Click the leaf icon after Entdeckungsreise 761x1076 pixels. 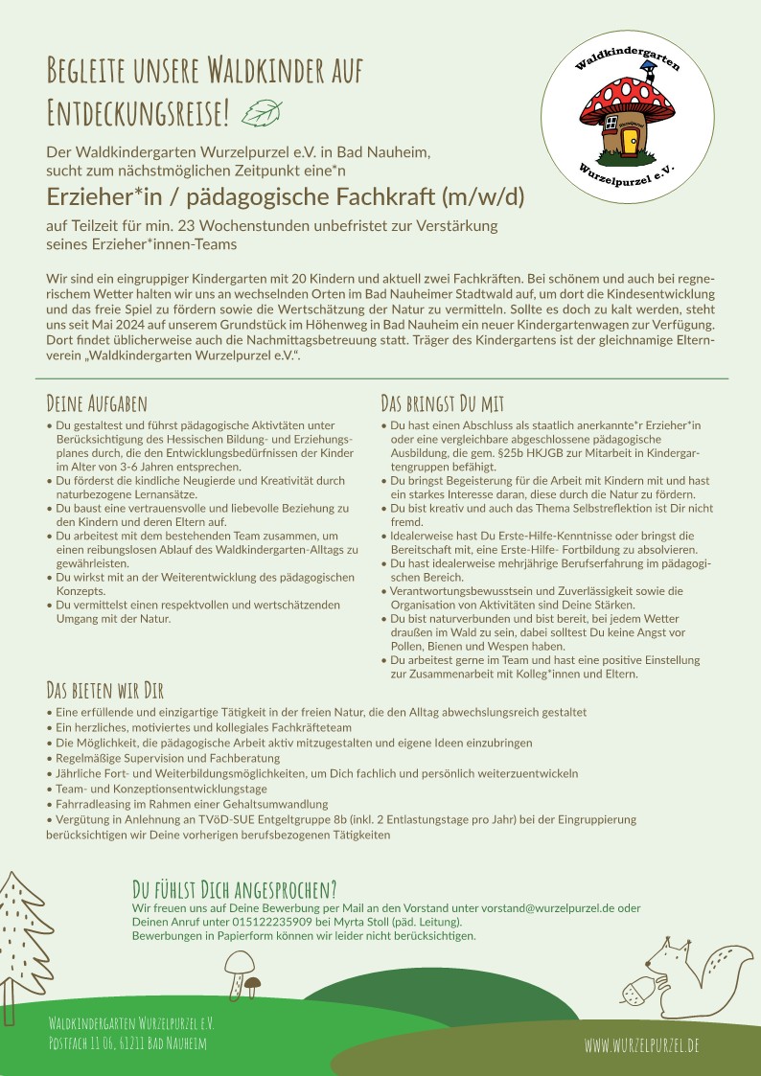262,114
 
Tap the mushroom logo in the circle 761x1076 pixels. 628,116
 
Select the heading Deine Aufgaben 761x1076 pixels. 97,403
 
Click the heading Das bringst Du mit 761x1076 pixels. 442,403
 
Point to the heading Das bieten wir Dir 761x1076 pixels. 105,692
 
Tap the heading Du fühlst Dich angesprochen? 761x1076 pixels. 234,888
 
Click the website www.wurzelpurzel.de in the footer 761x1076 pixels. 641,1044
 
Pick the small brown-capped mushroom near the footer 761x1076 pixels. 253,986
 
